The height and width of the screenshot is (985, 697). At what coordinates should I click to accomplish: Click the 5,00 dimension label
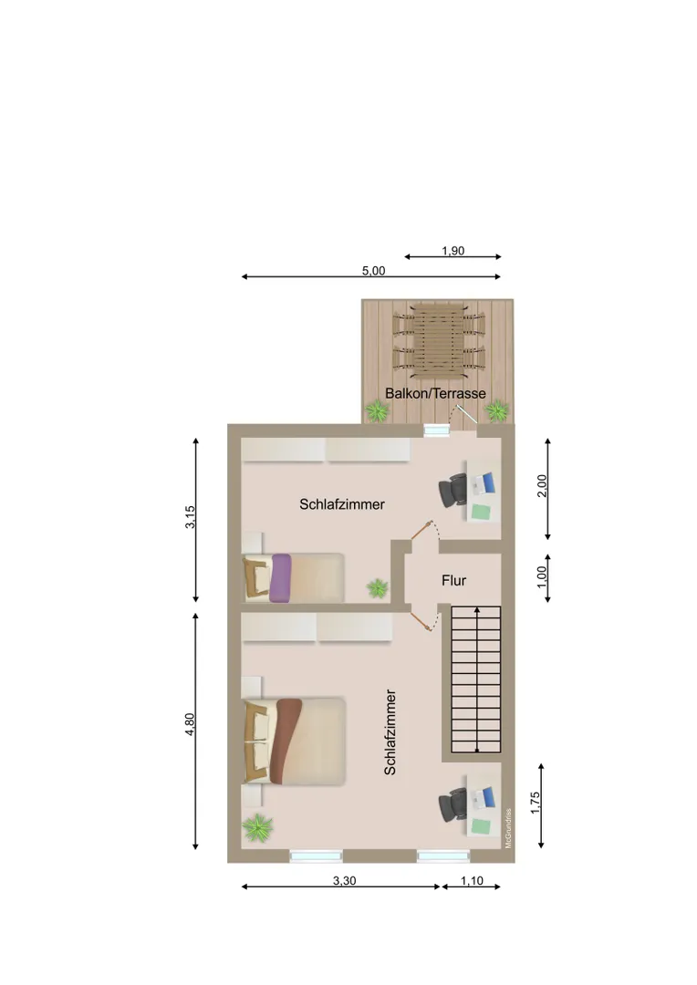373,271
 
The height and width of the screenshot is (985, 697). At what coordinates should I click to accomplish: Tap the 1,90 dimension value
453,251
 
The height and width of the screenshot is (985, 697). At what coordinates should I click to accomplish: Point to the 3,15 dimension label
190,517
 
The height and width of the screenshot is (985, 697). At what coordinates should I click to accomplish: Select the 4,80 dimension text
190,723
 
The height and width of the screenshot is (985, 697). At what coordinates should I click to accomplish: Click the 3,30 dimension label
345,881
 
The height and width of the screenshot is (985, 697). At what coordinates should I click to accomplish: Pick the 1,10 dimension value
472,881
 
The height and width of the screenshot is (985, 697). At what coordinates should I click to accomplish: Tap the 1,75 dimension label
536,803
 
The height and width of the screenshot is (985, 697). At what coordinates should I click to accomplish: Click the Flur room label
453,580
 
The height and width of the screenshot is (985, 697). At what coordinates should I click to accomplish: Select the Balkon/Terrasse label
435,393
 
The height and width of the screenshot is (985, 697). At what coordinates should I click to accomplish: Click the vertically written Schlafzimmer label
390,731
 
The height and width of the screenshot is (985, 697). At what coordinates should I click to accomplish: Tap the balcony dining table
439,341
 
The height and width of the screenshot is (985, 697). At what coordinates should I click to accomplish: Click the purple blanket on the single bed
280,578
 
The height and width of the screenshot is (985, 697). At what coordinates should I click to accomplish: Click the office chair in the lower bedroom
453,805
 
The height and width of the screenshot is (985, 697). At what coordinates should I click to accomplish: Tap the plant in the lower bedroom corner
257,828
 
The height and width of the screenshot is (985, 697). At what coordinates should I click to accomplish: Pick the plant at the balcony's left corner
377,412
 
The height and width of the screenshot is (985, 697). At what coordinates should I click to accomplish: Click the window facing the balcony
437,430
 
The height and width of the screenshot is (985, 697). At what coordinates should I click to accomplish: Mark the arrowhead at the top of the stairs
477,609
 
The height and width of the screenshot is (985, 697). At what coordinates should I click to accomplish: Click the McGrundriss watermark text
508,828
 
